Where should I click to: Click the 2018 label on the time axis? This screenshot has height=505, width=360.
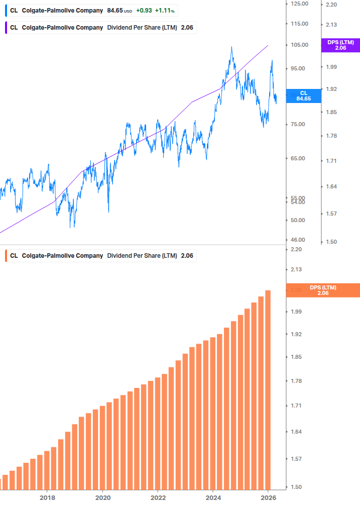[x=47, y=497]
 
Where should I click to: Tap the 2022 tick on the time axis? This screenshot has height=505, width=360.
[x=158, y=497]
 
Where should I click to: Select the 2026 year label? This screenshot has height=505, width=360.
[x=268, y=497]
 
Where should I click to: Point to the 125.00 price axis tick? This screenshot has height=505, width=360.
[x=299, y=4]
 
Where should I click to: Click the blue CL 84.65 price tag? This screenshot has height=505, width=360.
[x=303, y=96]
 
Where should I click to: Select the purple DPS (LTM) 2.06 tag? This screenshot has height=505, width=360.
[x=340, y=45]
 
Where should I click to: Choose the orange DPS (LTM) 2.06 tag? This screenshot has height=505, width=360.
[x=322, y=290]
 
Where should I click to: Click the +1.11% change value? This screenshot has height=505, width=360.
[x=164, y=11]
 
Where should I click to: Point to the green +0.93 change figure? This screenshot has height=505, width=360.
[x=144, y=11]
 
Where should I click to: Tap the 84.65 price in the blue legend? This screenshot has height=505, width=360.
[x=115, y=11]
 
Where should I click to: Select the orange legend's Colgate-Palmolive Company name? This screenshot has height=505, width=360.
[x=62, y=256]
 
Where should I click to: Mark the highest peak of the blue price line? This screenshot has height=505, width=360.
[x=231, y=47]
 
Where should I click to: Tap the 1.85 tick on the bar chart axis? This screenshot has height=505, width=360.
[x=297, y=357]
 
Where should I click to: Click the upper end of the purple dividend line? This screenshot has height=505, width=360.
[x=268, y=45]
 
